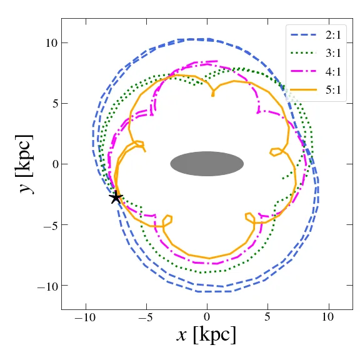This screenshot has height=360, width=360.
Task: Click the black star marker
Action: click(116, 197)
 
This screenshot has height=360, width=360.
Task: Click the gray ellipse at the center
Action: click(207, 164)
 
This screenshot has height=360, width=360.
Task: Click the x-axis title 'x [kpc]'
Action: click(207, 335)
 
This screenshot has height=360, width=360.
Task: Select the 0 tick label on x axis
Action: click(207, 318)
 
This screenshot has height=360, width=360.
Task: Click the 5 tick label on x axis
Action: click(267, 318)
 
